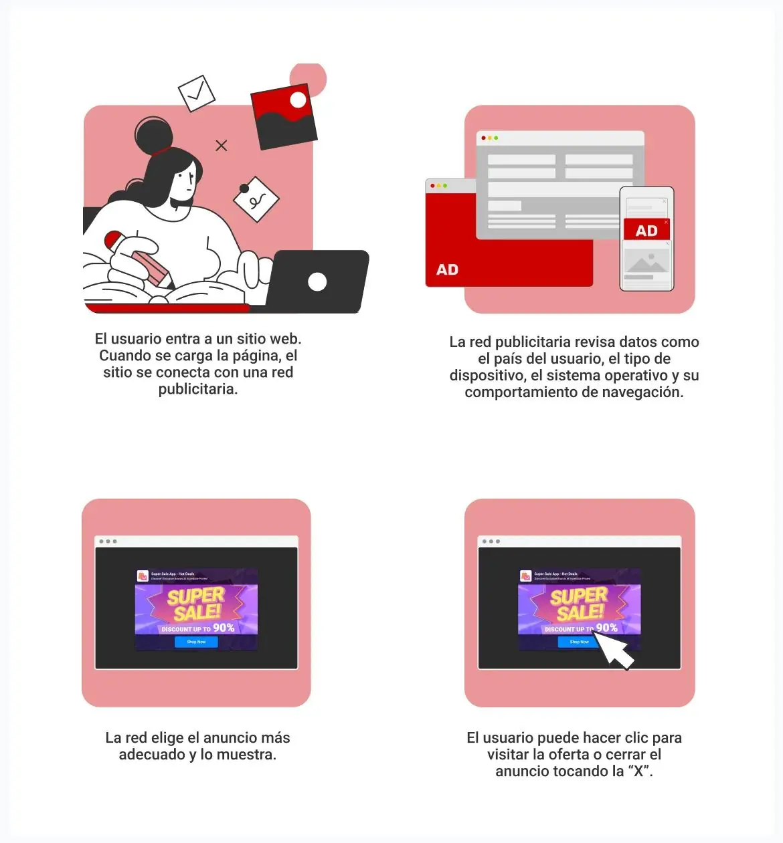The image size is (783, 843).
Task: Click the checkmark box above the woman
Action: click(x=196, y=93)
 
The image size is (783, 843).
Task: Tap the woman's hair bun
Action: click(x=153, y=135)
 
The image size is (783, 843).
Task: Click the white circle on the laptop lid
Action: click(x=317, y=281)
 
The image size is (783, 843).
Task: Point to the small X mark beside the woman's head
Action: click(x=222, y=145)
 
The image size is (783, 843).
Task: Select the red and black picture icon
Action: click(x=284, y=116)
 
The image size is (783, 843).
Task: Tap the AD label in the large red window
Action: click(x=447, y=269)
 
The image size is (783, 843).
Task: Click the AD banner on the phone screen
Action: click(x=646, y=231)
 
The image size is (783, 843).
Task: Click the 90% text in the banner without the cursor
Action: click(x=224, y=628)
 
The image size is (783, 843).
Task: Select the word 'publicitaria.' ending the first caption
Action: click(x=198, y=389)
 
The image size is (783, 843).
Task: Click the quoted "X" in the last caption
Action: click(x=642, y=771)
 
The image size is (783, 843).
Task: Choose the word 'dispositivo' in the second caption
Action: click(x=487, y=376)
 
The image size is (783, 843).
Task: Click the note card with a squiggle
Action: click(x=256, y=199)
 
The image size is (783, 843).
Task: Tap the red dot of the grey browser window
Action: click(x=483, y=138)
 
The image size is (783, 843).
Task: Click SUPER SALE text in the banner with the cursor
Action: click(x=580, y=604)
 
